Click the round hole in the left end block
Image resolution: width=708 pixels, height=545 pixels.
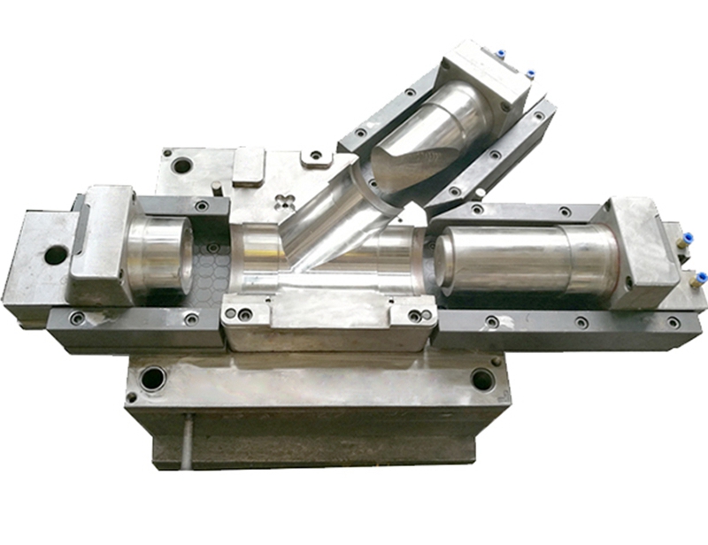(x=55, y=256)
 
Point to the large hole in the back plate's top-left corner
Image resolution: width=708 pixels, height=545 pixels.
(x=181, y=165)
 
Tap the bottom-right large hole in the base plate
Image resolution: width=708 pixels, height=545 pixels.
(x=482, y=380)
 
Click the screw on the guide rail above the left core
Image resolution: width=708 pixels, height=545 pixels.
(x=202, y=206)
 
